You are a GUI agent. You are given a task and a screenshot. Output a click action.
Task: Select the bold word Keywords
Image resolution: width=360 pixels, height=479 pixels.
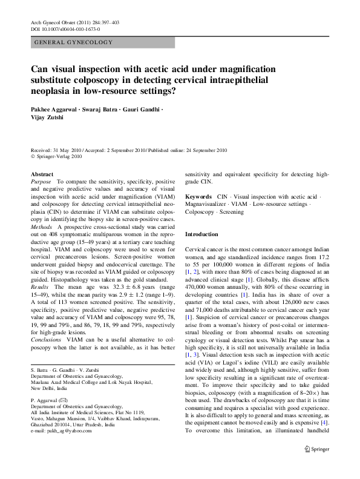[x=198, y=197]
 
